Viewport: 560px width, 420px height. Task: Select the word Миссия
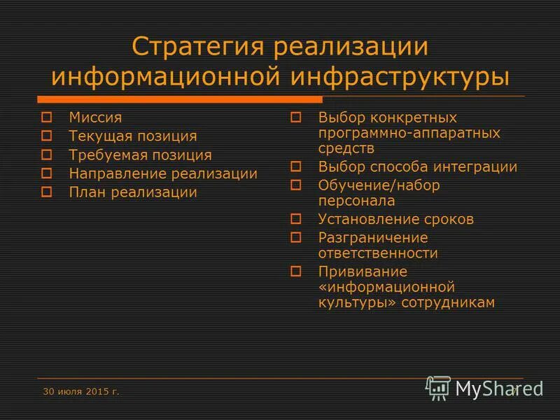tap(95, 118)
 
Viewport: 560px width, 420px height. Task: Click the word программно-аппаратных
tap(409, 133)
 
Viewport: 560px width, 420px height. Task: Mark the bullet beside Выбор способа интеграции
tap(295, 167)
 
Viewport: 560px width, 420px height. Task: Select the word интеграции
tap(476, 167)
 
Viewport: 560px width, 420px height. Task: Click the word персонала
tap(356, 201)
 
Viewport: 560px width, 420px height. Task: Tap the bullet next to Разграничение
tap(295, 237)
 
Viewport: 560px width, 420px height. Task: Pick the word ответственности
tap(378, 253)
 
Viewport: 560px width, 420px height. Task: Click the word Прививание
tap(363, 272)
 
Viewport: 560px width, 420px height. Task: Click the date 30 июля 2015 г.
tap(80, 391)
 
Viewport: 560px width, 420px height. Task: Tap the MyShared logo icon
tap(439, 387)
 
